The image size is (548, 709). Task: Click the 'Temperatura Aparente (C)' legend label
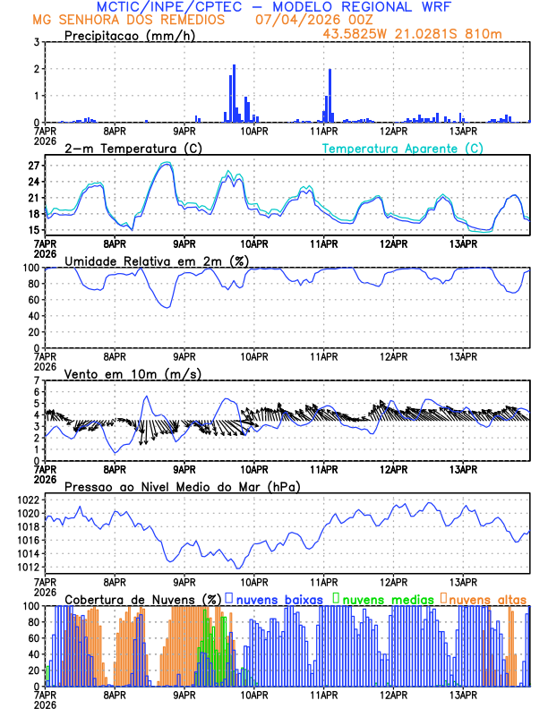403,148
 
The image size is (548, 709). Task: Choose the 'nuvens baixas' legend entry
277,599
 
